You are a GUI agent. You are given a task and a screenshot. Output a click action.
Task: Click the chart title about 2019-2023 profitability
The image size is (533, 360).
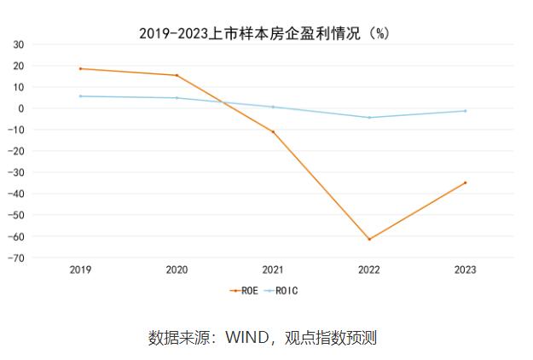point(264,32)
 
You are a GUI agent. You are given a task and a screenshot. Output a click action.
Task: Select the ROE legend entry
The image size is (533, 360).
point(244,290)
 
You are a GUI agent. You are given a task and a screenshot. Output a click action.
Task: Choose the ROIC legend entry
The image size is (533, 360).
point(281,290)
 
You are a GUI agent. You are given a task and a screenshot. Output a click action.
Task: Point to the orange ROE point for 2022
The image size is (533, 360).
point(369,239)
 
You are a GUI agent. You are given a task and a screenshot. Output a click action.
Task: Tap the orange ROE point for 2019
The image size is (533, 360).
point(81,68)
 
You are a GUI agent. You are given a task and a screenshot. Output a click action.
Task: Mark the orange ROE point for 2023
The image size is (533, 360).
point(466,183)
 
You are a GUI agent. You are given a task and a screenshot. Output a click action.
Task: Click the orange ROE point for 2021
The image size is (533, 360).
point(273,131)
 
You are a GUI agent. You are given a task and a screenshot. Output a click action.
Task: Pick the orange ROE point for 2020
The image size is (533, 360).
point(177,75)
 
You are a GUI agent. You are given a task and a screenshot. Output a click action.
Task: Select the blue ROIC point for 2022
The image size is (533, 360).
point(369,118)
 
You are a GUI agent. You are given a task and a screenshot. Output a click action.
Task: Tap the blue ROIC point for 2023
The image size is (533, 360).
point(466,111)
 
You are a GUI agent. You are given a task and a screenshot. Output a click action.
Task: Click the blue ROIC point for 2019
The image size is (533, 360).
point(81,96)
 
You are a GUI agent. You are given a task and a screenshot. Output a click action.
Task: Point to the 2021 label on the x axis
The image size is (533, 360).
point(273,270)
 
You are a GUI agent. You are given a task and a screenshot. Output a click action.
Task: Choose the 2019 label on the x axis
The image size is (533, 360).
point(81,270)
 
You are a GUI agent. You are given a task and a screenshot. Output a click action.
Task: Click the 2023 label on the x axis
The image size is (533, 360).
point(466,270)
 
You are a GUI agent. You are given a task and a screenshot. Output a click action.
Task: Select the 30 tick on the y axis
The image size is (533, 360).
point(43,44)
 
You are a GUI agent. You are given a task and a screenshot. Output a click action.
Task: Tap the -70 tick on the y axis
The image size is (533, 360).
point(40,258)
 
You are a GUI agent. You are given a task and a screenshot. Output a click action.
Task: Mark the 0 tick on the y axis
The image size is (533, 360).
point(45,108)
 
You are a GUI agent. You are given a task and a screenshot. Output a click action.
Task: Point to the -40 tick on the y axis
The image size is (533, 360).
point(40,194)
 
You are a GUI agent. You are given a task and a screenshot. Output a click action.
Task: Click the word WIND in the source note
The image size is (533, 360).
point(246,338)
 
